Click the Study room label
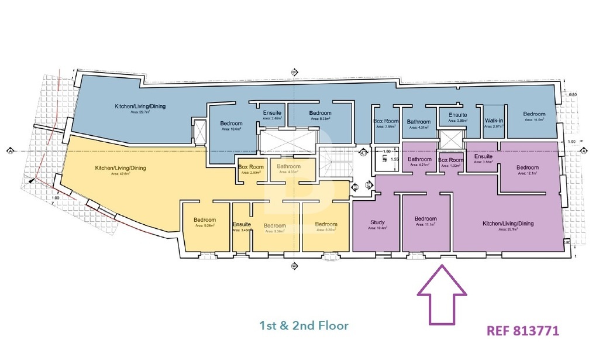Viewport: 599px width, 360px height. [x=377, y=222]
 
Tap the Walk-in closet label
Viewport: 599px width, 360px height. [x=494, y=121]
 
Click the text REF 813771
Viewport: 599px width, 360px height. [x=522, y=331]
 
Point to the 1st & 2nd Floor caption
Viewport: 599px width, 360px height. [x=304, y=325]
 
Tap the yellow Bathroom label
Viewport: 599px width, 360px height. [x=289, y=167]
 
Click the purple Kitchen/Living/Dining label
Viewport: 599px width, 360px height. [x=508, y=224]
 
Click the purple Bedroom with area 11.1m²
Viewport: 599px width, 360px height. [x=426, y=219]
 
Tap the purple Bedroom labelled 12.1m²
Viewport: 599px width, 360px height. [x=527, y=168]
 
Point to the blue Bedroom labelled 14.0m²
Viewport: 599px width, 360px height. [x=534, y=114]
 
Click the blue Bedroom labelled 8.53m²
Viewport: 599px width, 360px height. [x=320, y=113]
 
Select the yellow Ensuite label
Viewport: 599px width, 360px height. [x=242, y=224]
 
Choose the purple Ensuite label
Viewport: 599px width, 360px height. [x=484, y=156]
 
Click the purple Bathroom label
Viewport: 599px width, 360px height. [x=419, y=159]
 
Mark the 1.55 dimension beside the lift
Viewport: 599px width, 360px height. [x=394, y=159]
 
